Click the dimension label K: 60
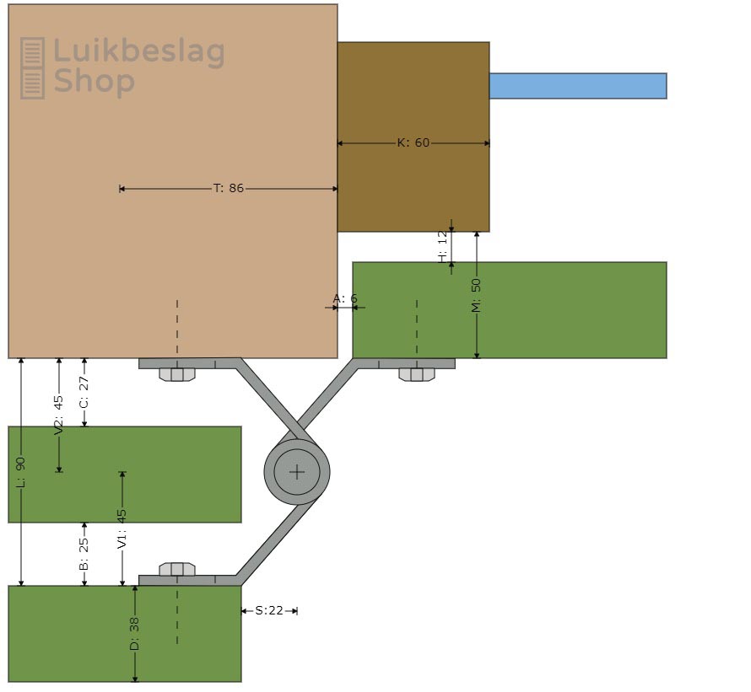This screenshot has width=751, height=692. (413, 142)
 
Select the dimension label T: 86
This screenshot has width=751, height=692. (229, 188)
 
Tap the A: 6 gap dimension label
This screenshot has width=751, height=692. (344, 298)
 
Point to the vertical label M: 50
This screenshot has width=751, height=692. (476, 295)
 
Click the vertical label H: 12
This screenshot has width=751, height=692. (442, 247)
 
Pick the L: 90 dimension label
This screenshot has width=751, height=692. (21, 472)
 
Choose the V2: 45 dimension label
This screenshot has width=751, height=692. (58, 415)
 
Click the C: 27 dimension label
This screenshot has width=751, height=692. (84, 392)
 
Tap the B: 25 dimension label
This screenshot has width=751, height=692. (84, 554)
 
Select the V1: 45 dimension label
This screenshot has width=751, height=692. (122, 529)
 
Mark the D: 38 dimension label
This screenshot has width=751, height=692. (134, 634)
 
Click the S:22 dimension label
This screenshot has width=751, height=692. (269, 610)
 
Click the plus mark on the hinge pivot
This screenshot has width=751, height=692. (297, 472)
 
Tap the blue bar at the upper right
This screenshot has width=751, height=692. (577, 86)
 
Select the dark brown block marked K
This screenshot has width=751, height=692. (413, 93)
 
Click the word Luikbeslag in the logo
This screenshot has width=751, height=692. (139, 52)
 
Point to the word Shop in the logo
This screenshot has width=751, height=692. (94, 82)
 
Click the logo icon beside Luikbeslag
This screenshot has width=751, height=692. (32, 67)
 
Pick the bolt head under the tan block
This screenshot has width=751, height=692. (177, 374)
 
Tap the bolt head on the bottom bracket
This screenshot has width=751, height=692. (177, 569)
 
